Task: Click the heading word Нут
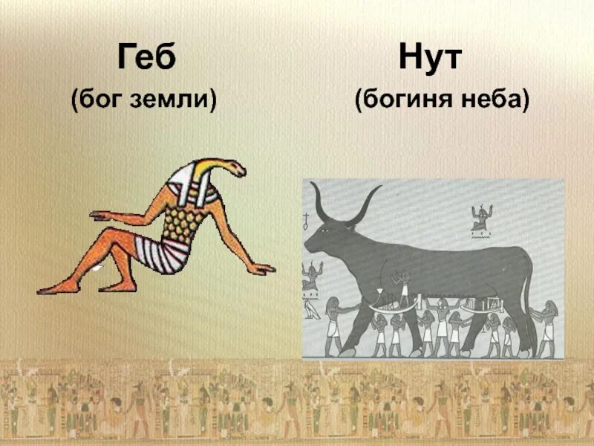coord(431,57)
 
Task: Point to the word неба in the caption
coord(497,99)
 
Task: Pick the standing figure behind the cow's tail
coord(547,327)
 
